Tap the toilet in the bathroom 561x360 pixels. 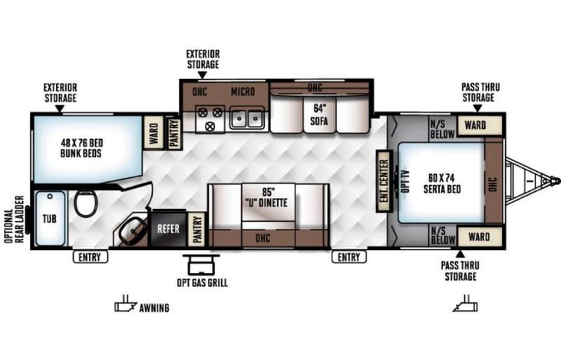[x=86, y=204]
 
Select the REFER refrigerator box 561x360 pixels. [x=168, y=228]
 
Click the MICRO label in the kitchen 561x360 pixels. [x=243, y=92]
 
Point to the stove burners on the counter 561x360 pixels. [x=210, y=117]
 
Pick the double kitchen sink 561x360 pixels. [x=248, y=118]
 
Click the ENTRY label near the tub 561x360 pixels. [x=89, y=257]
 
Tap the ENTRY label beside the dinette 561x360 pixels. [x=349, y=257]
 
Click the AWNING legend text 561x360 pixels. [x=154, y=309]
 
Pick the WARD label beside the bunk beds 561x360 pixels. [x=153, y=131]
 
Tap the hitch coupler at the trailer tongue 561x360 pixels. [x=550, y=180]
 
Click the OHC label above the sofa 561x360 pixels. [x=315, y=87]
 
